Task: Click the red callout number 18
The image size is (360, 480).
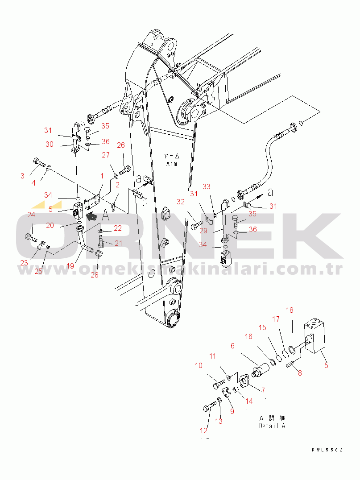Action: coord(290,310)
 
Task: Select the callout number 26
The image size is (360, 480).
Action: coord(121,145)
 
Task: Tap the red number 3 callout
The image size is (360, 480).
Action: coord(22,176)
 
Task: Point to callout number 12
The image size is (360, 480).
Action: coord(203,430)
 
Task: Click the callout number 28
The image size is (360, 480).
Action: coord(95,275)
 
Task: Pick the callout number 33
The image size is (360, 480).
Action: coord(207,186)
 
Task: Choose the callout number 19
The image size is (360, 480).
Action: coord(70,266)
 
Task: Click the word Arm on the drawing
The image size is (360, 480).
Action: coord(171,164)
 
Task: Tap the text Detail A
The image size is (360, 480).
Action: coord(272,426)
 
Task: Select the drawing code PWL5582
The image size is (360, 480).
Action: coord(327,450)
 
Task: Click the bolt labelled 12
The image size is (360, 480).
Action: coord(209,407)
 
